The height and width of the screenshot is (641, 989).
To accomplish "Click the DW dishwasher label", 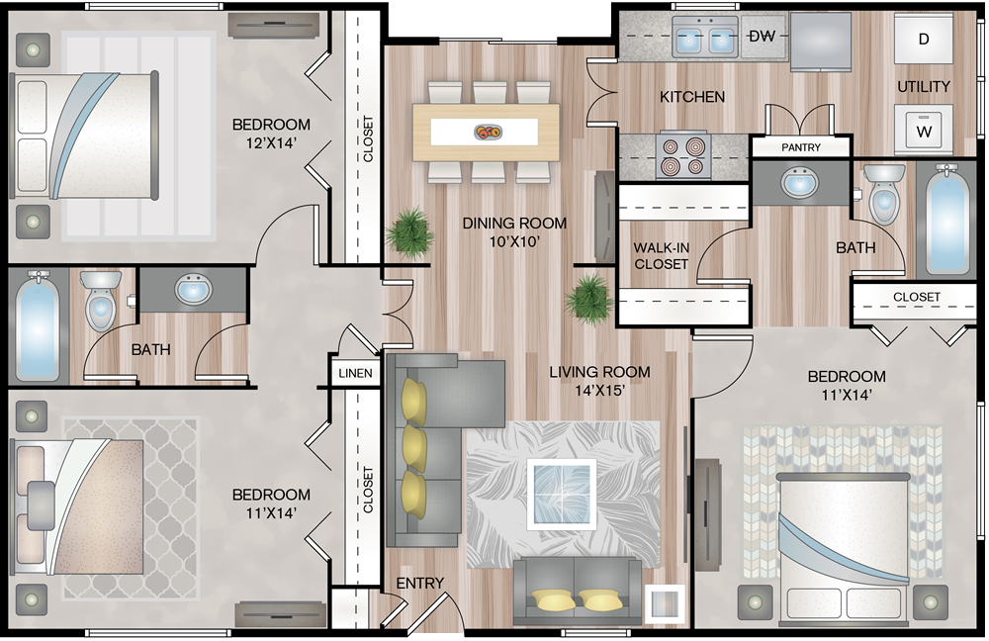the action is coord(762,36).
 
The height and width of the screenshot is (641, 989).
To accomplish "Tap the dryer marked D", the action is coord(924,40).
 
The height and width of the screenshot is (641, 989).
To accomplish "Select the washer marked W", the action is coord(924,131).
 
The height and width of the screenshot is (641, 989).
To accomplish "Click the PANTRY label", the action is coord(801,147).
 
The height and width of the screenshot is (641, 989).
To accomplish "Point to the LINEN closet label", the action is coord(355,373).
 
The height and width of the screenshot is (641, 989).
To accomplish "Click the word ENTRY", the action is coord(420,583).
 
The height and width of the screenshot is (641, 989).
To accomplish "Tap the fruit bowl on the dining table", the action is coord(489,133).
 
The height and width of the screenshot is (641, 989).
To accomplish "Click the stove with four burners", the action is coord(683,156).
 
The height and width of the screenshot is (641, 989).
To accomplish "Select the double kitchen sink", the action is coord(704,38).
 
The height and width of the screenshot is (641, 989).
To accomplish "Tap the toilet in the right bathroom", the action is coord(883,193).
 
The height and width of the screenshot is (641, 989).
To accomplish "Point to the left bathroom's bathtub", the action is coord(38,325).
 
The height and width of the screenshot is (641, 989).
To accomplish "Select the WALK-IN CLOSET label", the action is coord(661,256).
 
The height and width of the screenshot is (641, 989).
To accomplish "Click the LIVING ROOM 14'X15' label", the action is coord(600,381).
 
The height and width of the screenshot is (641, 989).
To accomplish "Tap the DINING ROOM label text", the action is coord(514,223).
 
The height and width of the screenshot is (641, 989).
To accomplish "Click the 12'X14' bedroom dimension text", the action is coord(271,143).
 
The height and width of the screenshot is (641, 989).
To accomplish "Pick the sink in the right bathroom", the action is coord(800,183).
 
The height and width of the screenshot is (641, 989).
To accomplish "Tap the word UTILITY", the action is coord(924,86).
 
